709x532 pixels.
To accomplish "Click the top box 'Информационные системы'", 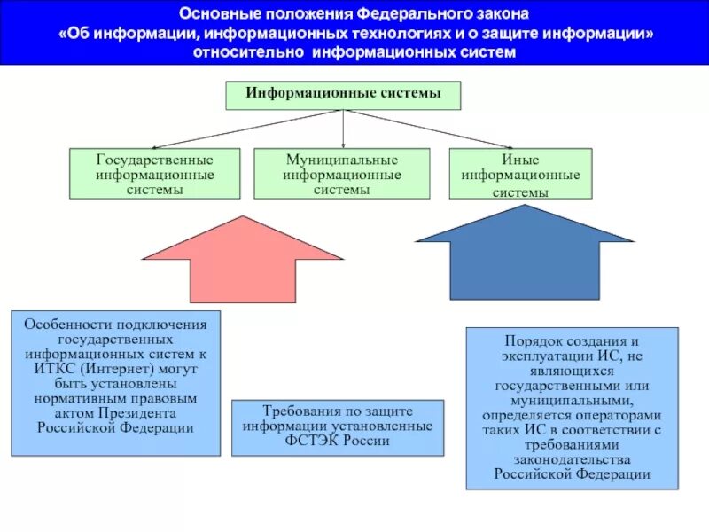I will (343, 95).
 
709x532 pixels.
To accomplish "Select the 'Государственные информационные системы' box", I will (155, 174).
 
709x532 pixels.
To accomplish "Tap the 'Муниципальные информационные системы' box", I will (342, 174).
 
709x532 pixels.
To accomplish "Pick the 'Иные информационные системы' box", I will (519, 175).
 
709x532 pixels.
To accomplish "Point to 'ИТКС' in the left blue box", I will (57, 368).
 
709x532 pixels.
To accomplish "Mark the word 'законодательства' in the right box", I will (572, 459).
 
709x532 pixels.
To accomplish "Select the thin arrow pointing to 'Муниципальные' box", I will (343, 129).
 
